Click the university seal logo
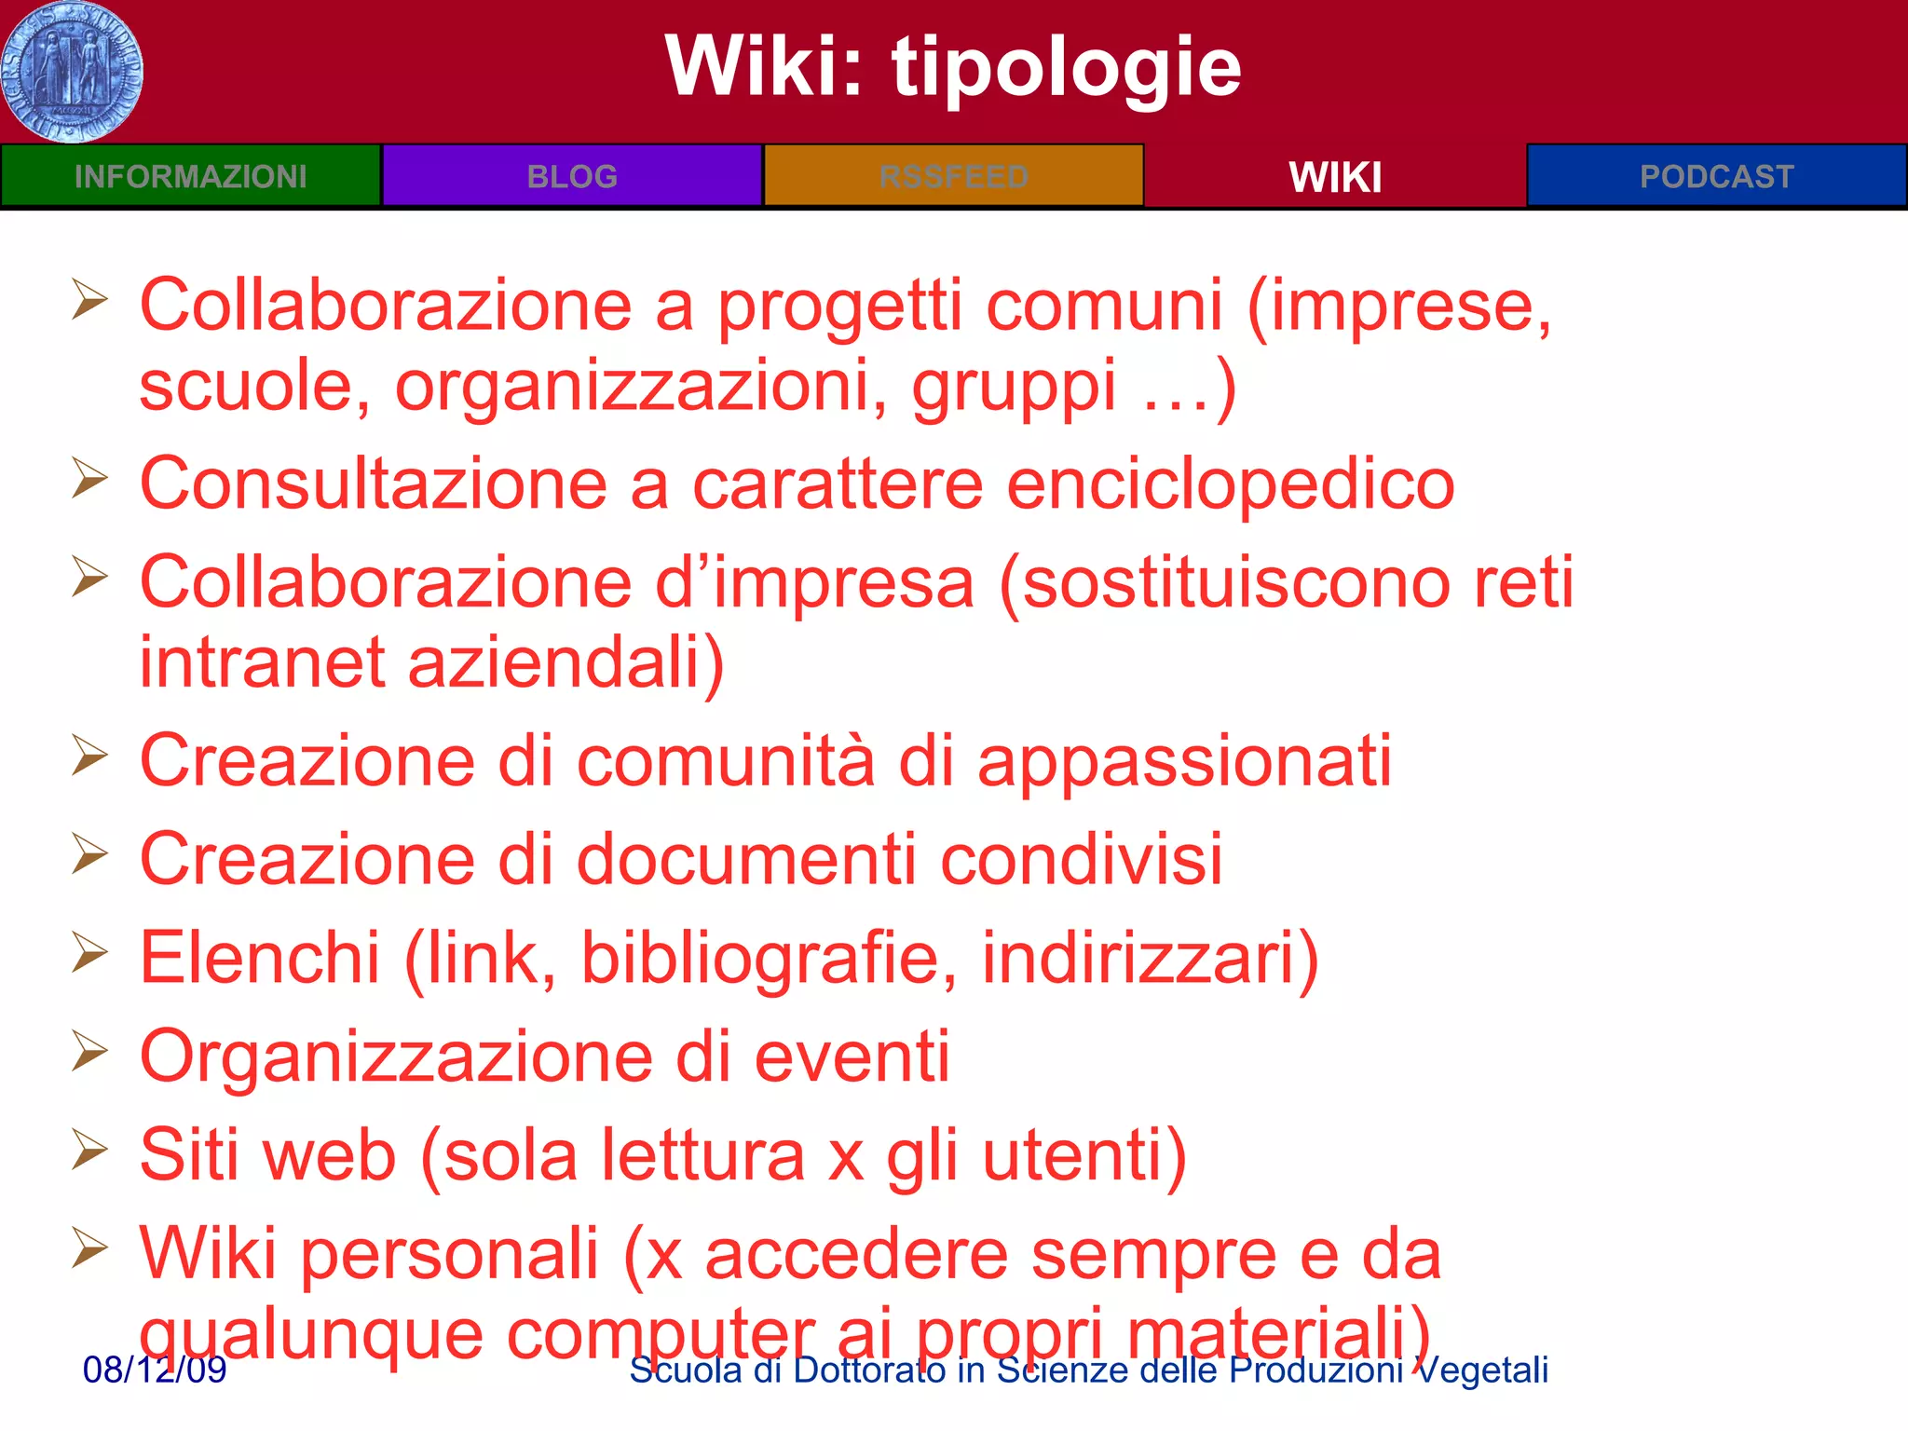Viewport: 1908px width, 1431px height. (x=72, y=72)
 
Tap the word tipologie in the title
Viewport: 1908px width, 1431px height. (x=1066, y=67)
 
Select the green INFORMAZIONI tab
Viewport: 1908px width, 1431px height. (x=191, y=176)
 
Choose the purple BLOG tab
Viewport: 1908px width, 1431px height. (x=572, y=176)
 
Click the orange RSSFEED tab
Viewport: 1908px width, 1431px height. (x=953, y=176)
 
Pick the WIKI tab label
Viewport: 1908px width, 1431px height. (x=1335, y=177)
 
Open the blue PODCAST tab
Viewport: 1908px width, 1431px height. (x=1716, y=176)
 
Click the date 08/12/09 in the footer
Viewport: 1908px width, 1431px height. (x=155, y=1370)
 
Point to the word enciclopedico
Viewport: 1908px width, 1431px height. (x=1231, y=484)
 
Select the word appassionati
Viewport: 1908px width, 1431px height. (x=1184, y=761)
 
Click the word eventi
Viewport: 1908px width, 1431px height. (x=852, y=1056)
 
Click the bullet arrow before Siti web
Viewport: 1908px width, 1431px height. (x=90, y=1151)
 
